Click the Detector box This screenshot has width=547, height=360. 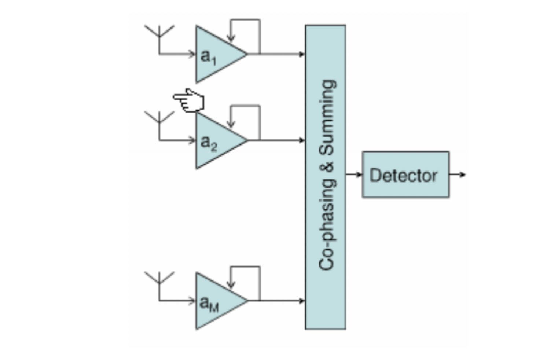405,175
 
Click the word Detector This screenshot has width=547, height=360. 403,175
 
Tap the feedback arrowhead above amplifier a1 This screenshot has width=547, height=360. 231,37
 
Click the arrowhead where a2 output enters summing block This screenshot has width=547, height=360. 302,140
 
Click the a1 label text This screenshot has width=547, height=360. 208,57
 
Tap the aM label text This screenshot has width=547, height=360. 209,304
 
